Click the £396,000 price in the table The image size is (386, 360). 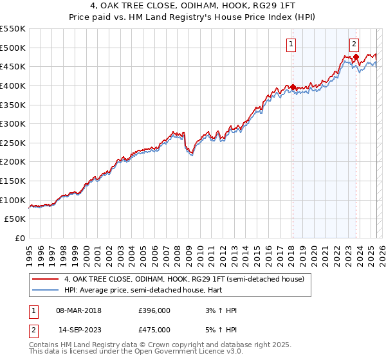(x=154, y=310)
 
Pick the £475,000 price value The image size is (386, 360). (x=154, y=330)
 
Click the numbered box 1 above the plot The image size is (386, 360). (x=291, y=44)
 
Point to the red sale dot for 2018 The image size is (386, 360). (x=292, y=87)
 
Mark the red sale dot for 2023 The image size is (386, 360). (x=355, y=57)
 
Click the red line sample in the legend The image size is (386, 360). (x=45, y=279)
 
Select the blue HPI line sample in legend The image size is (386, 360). (x=45, y=290)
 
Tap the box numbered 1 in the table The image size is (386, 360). (x=32, y=310)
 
